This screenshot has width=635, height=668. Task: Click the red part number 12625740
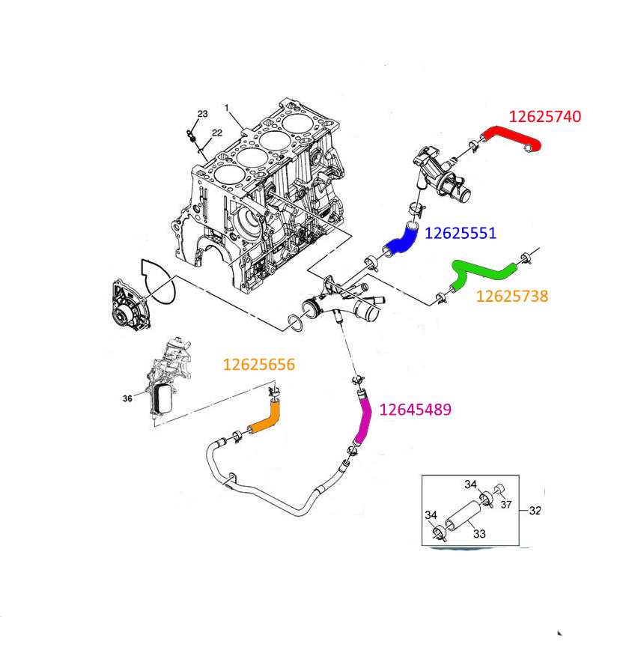544,116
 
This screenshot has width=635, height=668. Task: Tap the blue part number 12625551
460,233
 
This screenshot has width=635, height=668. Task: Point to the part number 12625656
259,365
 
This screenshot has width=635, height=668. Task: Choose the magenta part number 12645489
416,410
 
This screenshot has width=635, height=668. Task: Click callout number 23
202,114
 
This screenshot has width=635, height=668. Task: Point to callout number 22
216,133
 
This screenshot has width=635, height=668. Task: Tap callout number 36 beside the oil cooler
127,398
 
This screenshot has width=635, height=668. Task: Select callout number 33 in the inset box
478,533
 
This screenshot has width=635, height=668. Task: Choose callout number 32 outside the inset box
535,511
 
